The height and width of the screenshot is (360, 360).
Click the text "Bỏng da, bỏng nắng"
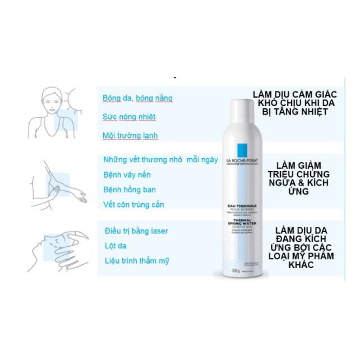click(137, 98)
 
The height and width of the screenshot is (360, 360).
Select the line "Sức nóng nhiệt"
click(129, 117)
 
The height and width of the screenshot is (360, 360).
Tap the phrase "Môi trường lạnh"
click(131, 136)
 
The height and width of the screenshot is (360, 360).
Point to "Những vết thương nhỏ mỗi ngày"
click(160, 160)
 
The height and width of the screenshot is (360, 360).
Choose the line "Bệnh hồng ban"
click(130, 190)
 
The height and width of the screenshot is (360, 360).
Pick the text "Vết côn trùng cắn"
click(134, 205)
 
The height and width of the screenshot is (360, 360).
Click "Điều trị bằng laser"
click(136, 231)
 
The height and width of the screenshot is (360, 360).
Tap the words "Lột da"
click(117, 246)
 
